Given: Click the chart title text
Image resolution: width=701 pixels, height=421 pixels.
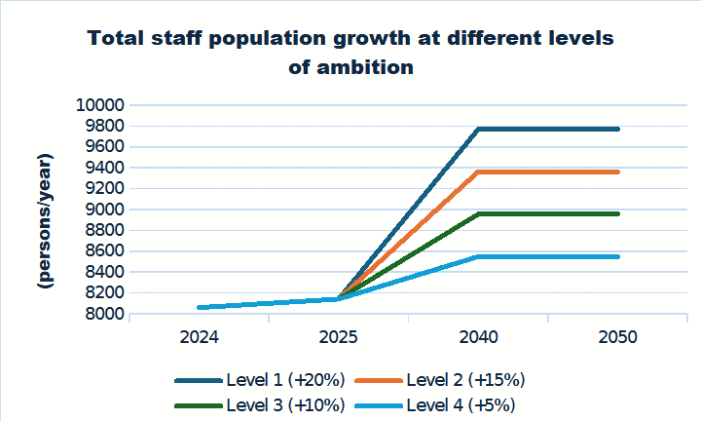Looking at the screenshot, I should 350,54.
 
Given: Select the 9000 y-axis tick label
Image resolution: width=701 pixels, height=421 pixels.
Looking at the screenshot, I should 101,210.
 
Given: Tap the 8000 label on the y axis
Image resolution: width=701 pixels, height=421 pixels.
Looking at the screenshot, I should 101,314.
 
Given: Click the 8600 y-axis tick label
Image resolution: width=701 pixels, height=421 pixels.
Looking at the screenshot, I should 101,251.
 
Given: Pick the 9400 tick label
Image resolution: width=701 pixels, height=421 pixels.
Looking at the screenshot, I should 101,168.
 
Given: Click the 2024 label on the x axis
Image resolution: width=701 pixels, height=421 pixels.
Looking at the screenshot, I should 199,338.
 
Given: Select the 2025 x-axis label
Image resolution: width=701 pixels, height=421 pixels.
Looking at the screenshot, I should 338,338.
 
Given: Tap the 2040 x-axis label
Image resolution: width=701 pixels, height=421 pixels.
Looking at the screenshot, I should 478,338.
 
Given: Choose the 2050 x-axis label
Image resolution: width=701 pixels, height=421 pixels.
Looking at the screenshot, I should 617,338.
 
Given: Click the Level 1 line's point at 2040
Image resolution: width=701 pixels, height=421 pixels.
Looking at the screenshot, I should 478,129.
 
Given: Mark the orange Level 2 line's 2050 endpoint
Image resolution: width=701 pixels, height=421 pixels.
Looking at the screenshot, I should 617,172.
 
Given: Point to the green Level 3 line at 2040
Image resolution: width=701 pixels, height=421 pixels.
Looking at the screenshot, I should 478,213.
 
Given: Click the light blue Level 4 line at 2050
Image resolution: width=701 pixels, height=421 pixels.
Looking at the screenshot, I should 617,256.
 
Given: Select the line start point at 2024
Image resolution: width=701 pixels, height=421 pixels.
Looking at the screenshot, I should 199,307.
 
